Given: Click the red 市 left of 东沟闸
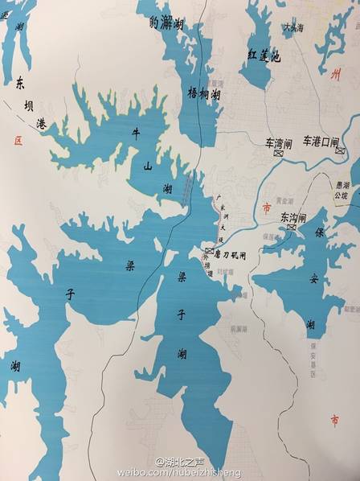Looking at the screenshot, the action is point(267,208).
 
